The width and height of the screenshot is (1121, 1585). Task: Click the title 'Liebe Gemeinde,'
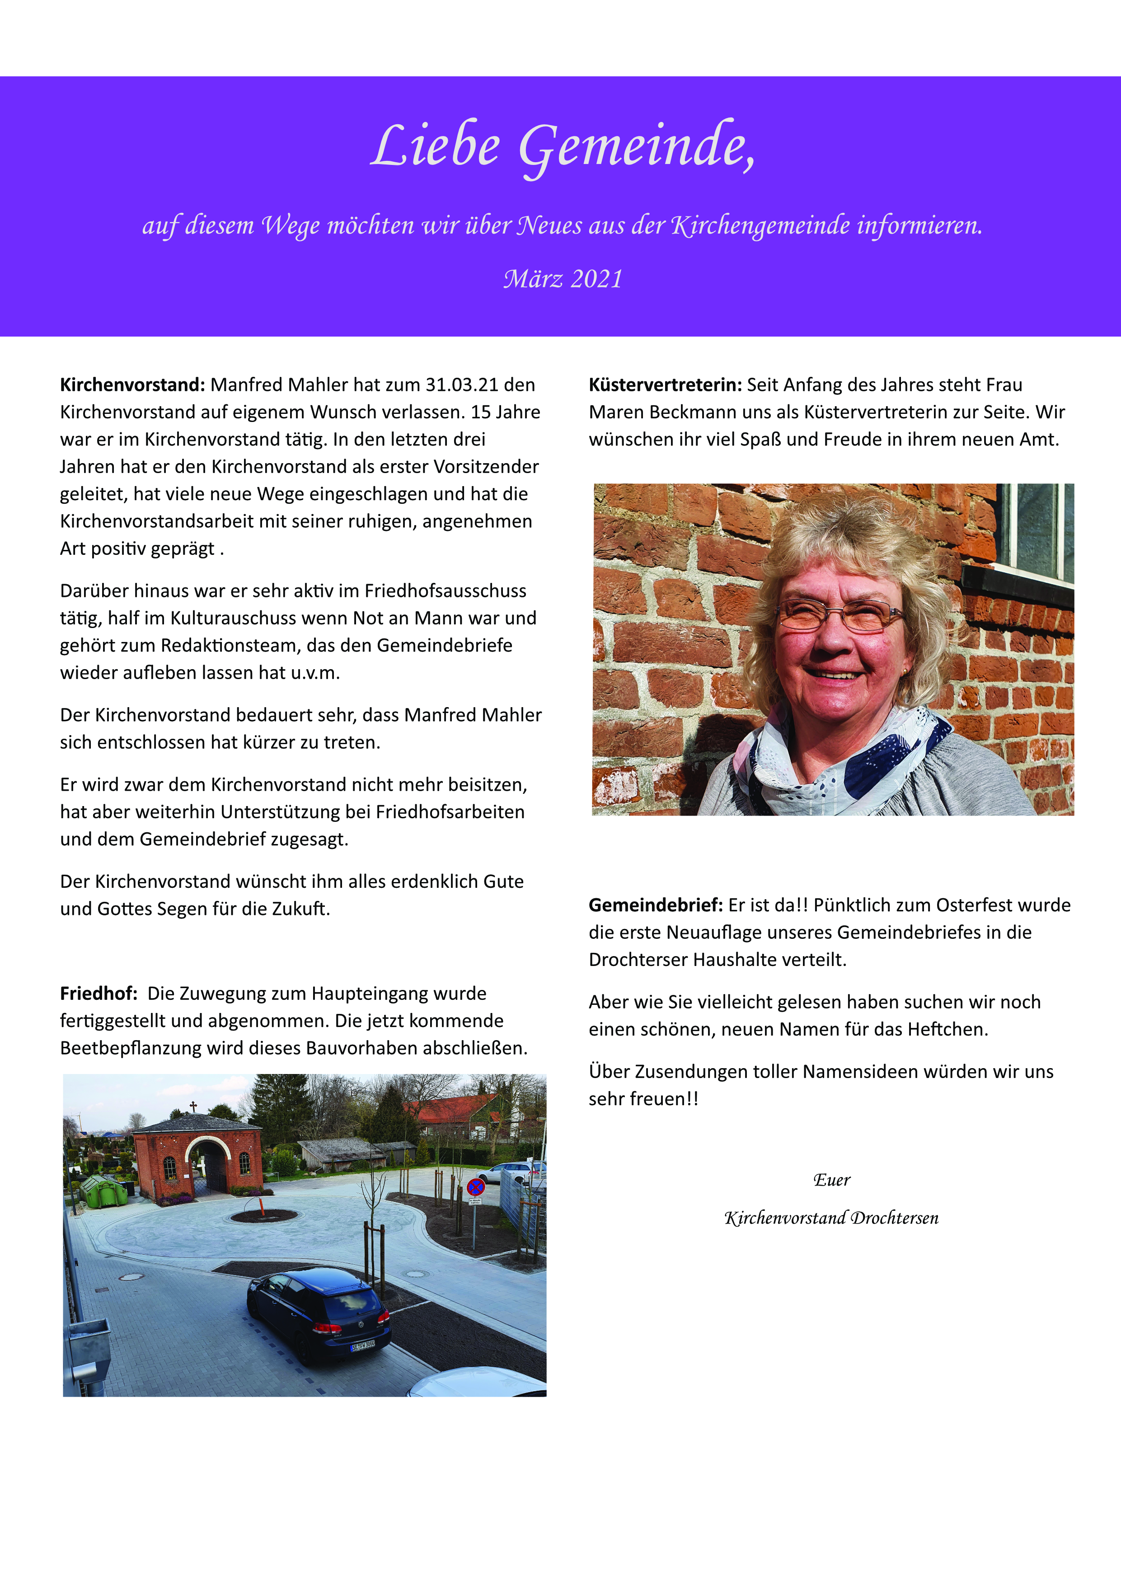click(x=563, y=146)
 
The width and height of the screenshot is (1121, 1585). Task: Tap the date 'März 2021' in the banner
click(x=563, y=279)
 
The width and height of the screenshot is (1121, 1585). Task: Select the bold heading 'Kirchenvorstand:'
click(x=132, y=385)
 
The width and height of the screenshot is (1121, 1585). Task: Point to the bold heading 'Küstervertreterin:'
click(x=665, y=385)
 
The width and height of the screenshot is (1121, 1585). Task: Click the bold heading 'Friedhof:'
click(x=98, y=994)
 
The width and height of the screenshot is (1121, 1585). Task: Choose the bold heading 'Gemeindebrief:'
click(x=655, y=905)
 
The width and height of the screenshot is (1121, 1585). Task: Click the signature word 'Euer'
click(x=832, y=1180)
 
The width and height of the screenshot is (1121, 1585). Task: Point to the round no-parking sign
click(x=476, y=1187)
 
